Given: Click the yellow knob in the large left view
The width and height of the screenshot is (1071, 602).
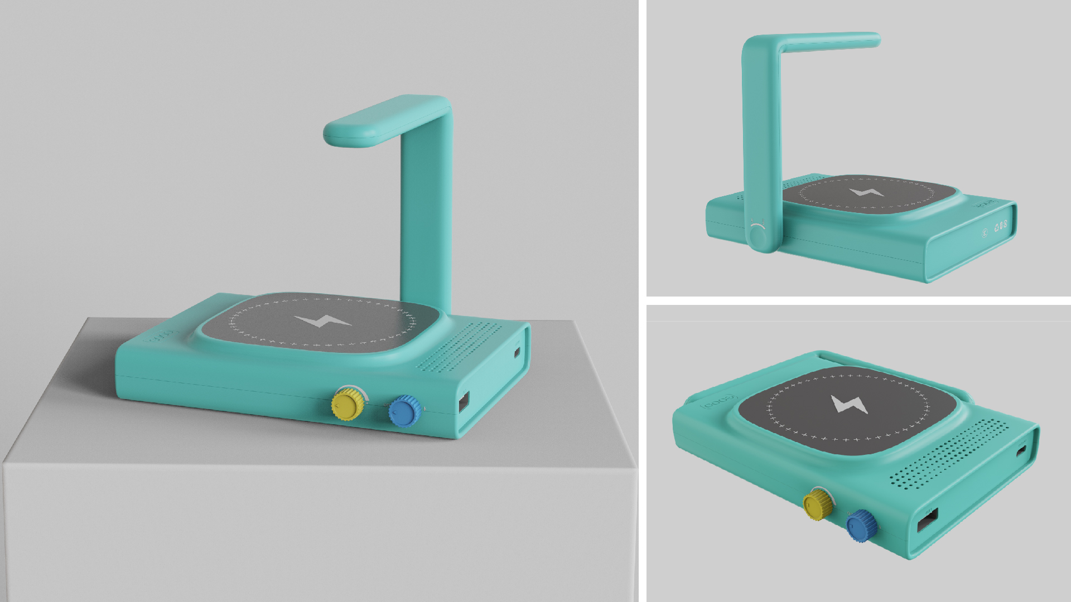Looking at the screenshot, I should (x=348, y=404).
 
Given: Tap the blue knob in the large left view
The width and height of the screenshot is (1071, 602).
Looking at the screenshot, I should (x=404, y=411).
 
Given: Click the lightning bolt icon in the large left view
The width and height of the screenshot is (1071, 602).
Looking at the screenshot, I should (x=323, y=322).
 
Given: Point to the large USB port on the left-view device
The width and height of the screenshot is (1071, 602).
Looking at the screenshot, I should (x=464, y=402).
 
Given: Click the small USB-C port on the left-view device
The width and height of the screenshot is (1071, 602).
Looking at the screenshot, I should (x=517, y=352).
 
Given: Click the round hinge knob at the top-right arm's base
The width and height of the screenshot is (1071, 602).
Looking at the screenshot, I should (x=758, y=237).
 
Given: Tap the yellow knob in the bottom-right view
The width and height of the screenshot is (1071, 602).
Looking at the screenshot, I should (x=818, y=504).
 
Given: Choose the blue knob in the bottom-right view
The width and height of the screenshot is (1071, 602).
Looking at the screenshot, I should (x=861, y=526).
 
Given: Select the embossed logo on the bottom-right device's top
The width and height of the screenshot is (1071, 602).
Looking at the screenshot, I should (x=718, y=402).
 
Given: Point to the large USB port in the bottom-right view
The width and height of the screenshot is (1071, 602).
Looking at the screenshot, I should (x=928, y=521).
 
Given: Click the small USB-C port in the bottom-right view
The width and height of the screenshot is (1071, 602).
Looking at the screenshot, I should (x=1021, y=451).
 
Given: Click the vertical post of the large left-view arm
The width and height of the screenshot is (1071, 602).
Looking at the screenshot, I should (x=426, y=212).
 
